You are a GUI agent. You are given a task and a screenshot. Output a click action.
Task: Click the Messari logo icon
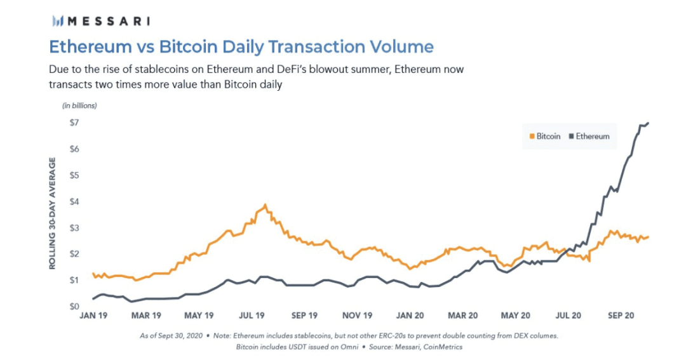(x=58, y=20)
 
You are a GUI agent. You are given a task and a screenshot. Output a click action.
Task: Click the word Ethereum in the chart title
(x=91, y=46)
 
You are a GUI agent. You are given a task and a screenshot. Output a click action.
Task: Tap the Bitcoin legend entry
(x=545, y=137)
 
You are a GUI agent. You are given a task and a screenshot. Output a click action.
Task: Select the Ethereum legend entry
(x=589, y=137)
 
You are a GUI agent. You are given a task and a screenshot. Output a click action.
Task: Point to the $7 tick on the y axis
(x=74, y=123)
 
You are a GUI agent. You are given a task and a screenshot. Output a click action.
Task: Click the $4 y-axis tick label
(x=74, y=202)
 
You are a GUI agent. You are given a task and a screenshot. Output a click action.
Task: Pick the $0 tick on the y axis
(x=74, y=306)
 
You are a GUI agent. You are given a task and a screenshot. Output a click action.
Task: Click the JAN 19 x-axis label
(x=93, y=316)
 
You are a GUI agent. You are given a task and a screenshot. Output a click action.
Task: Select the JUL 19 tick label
(x=252, y=316)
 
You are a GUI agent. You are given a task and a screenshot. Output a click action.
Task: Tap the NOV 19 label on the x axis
(x=357, y=316)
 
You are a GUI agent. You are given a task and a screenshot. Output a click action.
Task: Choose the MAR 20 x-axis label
(x=462, y=316)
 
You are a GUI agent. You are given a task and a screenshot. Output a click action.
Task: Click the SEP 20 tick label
(x=621, y=316)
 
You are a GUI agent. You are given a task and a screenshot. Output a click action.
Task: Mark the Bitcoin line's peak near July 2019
(x=265, y=204)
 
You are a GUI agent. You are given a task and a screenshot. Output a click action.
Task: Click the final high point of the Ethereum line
(x=648, y=123)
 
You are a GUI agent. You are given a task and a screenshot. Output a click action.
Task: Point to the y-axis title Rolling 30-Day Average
(x=53, y=213)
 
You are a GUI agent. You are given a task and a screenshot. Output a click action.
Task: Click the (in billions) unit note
(x=79, y=105)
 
